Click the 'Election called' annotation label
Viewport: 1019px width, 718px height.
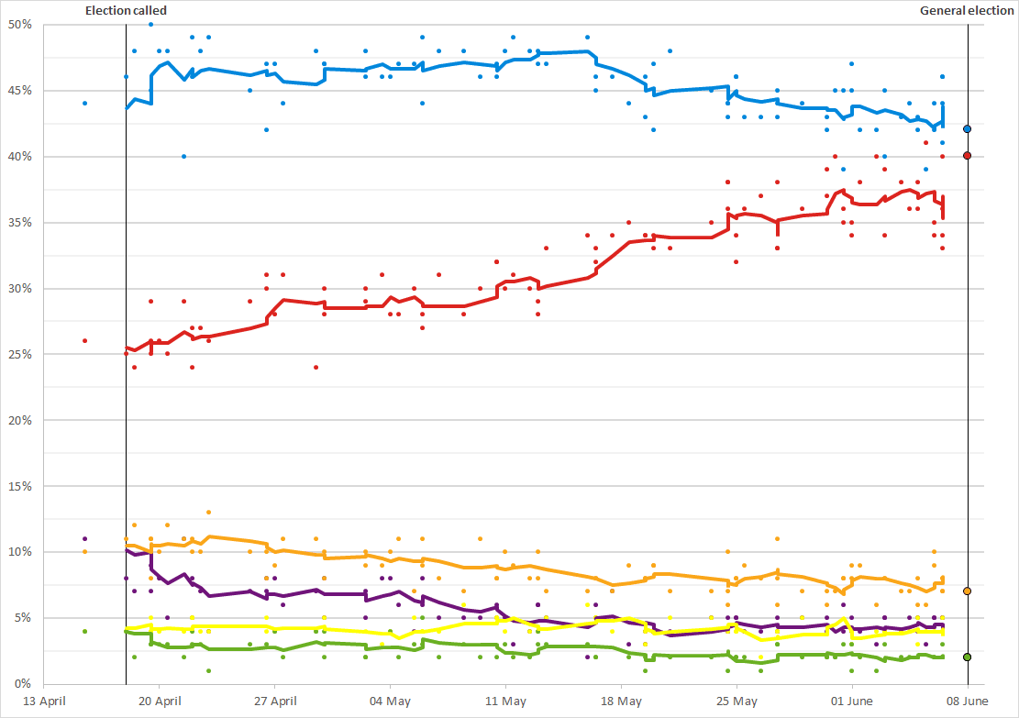coord(126,11)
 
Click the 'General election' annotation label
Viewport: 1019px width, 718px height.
coord(968,11)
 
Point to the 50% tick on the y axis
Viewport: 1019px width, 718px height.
coord(21,25)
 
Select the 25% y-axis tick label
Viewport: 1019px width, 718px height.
coord(21,354)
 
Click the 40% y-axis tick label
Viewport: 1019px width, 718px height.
coord(21,157)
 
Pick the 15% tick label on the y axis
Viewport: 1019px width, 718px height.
coord(21,486)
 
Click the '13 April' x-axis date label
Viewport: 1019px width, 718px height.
coord(43,701)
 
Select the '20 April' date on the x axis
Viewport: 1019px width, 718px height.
coord(159,701)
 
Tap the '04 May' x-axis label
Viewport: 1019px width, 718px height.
coord(390,701)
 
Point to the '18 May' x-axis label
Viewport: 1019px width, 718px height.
coord(621,701)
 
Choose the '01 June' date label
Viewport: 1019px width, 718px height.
coord(852,701)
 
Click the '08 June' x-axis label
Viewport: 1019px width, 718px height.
coord(967,701)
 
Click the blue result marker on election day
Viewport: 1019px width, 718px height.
coord(968,129)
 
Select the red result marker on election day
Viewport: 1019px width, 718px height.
coord(968,156)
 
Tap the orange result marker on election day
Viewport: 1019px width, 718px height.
coord(968,591)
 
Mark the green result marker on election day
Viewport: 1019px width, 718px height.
coord(968,657)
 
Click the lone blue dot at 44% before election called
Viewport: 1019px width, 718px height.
coord(84,104)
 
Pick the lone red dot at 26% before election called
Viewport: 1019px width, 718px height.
coord(84,340)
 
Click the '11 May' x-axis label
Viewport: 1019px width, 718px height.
coord(505,701)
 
